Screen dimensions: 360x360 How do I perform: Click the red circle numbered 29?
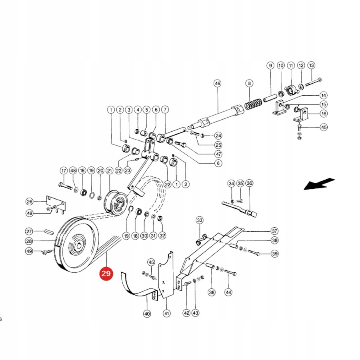[106, 274]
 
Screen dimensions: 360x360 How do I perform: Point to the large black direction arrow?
[319, 184]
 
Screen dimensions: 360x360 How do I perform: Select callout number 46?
[217, 84]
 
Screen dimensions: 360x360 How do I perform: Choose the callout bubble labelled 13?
[311, 66]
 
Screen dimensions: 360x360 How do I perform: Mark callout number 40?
[147, 314]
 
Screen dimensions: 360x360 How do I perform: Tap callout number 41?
[167, 314]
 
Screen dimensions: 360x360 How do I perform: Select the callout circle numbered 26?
[29, 201]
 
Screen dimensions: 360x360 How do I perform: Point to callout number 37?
[274, 231]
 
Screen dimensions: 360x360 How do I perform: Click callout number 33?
[199, 220]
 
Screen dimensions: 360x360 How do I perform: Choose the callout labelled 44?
[228, 292]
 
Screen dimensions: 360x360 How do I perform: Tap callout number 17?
[64, 171]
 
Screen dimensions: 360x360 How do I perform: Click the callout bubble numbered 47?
[218, 154]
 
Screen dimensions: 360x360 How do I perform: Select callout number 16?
[323, 114]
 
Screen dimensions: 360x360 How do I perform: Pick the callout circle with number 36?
[249, 184]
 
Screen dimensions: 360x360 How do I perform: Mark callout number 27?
[29, 231]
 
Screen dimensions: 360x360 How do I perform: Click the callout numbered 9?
[270, 66]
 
